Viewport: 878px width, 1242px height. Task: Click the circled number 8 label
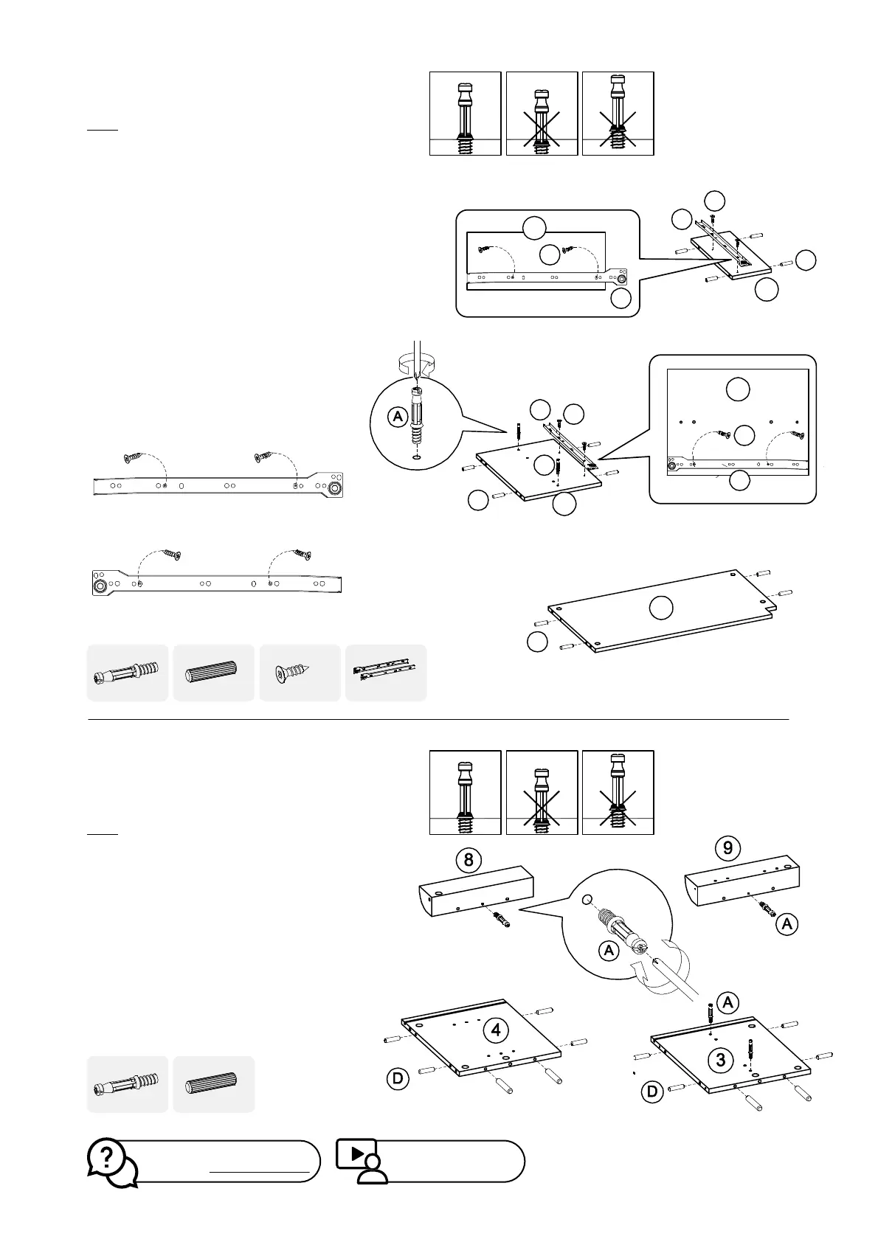469,860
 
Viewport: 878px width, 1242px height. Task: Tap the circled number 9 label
727,847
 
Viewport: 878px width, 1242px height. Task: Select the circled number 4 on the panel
497,1030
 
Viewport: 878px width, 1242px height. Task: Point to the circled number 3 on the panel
721,1060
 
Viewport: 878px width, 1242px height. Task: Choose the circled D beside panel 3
652,1091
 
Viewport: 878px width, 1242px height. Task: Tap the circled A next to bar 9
788,923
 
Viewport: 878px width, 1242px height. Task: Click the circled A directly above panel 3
727,1002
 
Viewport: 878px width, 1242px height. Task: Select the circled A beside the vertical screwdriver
398,417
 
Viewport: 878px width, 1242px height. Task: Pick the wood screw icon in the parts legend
300,673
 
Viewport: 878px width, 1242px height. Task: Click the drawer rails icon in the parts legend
386,673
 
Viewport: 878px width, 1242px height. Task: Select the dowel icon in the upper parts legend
213,673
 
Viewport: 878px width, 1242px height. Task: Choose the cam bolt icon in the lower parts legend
127,1084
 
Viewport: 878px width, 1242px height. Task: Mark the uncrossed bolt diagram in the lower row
466,792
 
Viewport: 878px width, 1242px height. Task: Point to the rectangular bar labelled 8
476,890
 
